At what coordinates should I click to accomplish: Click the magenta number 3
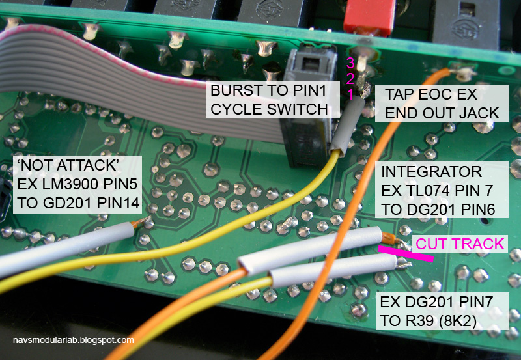point(350,62)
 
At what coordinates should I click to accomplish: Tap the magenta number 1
point(350,94)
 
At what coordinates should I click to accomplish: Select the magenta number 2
point(350,78)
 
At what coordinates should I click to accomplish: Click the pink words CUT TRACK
point(460,244)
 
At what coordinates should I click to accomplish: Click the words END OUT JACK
point(442,113)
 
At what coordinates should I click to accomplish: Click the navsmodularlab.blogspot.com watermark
point(73,340)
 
